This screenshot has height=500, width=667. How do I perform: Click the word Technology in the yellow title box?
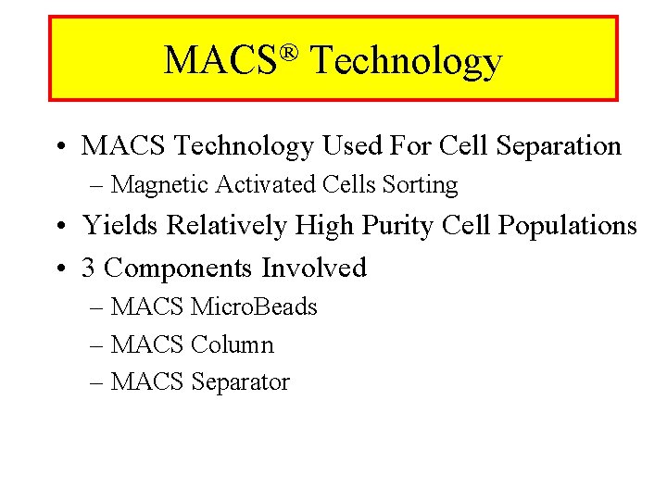coord(406,61)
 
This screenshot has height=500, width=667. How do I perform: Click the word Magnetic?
coord(160,185)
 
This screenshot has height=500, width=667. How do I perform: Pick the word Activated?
coord(266,185)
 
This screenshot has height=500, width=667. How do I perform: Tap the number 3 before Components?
coord(89,269)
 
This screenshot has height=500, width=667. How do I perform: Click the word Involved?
coord(314,269)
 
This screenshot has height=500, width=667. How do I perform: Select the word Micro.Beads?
coord(254,307)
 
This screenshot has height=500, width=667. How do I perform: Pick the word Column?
coord(232,345)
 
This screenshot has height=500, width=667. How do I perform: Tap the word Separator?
coord(240,382)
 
